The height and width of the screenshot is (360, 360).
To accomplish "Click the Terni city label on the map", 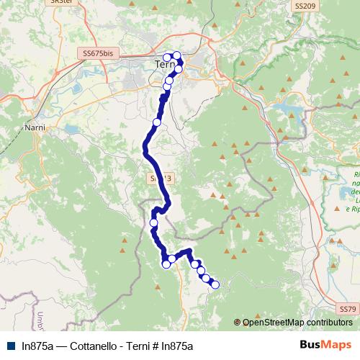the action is [163, 66].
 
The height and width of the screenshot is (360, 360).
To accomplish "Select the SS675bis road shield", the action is [97, 53].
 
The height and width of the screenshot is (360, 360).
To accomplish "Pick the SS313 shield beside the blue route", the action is [161, 177].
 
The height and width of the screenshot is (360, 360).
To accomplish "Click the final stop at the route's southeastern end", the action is [215, 284].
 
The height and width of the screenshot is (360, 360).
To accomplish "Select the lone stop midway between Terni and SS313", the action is [156, 122].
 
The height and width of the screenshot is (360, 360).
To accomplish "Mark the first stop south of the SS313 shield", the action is [153, 223].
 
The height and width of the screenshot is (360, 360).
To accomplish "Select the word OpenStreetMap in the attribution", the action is [273, 323].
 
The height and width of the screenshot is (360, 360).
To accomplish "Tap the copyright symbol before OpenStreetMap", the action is [238, 323].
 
